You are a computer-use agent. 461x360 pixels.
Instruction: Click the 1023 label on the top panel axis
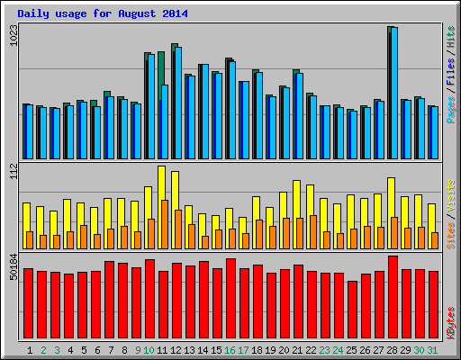tap(12, 36)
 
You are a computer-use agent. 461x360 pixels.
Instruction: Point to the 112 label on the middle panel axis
tap(12, 172)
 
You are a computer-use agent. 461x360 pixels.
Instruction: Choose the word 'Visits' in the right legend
tap(449, 195)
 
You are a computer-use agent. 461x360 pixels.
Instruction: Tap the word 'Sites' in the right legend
tap(449, 232)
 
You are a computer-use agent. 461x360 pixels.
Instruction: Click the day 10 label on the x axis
tap(149, 349)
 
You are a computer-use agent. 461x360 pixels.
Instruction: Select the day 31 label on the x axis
tap(433, 349)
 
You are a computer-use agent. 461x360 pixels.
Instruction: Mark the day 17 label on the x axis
tap(244, 349)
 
